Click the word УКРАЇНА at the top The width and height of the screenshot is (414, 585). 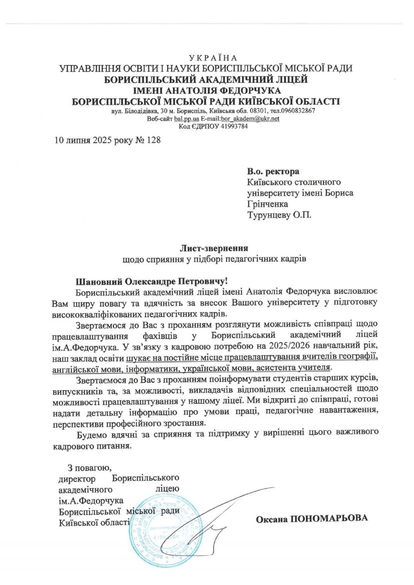[212, 58]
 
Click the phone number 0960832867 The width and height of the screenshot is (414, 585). [297, 111]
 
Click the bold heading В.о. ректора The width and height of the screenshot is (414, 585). [273, 172]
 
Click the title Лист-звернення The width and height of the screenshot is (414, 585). [214, 248]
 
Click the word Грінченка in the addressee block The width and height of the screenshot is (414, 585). [267, 204]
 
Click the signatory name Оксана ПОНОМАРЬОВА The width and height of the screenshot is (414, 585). [312, 519]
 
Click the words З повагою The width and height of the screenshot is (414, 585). [89, 468]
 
